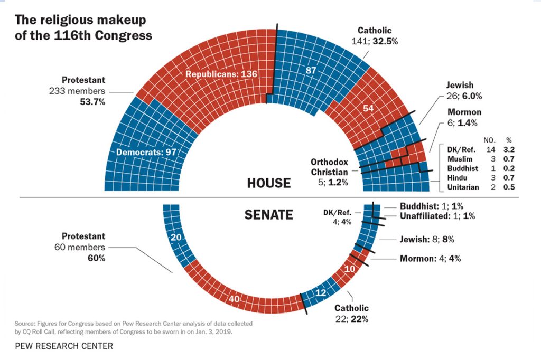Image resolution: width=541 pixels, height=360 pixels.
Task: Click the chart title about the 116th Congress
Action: tap(83, 28)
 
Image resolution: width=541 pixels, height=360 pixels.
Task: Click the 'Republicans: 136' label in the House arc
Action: tap(221, 74)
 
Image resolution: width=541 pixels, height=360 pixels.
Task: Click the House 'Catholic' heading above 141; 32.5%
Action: tap(374, 31)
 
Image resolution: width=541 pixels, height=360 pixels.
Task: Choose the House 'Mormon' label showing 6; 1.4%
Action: tap(464, 112)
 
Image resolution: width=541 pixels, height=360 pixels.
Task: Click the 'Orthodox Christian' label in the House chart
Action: tap(329, 167)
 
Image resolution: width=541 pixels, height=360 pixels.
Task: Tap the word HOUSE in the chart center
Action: tap(269, 183)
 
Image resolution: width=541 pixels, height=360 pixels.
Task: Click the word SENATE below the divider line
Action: tap(268, 215)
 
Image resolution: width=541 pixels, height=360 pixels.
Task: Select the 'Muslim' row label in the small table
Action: tap(459, 158)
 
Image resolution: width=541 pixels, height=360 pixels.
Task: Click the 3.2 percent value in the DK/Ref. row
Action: tap(509, 149)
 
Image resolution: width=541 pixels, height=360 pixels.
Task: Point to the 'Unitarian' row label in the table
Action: tap(463, 187)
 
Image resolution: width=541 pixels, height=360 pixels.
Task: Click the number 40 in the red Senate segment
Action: tap(235, 299)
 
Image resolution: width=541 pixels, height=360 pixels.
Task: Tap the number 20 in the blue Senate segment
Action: tap(176, 238)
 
